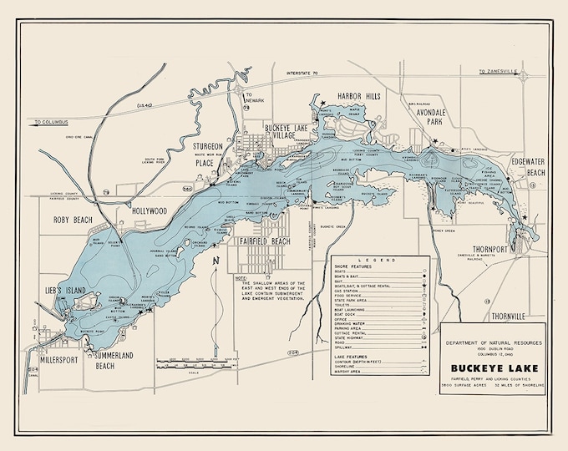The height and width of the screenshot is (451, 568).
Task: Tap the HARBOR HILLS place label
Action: pyautogui.click(x=358, y=97)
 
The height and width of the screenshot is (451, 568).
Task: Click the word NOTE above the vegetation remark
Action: pyautogui.click(x=243, y=277)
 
